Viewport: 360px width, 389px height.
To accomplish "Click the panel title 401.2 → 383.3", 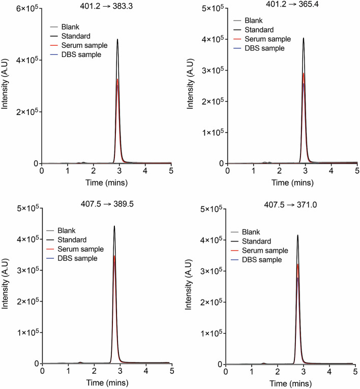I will (107, 5).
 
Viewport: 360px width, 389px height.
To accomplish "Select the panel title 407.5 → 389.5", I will (107, 205).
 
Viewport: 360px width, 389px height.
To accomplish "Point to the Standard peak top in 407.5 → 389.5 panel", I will (114, 226).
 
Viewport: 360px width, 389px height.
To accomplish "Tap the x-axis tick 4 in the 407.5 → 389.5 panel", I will (146, 372).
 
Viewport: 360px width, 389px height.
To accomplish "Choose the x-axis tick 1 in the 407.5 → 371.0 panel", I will (252, 372).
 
